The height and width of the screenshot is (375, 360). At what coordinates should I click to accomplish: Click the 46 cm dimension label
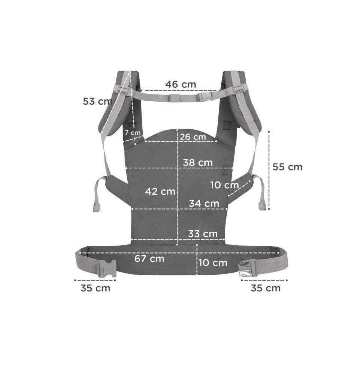tap(181, 84)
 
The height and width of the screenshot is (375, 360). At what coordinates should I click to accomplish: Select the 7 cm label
tap(133, 132)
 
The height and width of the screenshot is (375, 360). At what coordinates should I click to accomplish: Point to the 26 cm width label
tap(193, 137)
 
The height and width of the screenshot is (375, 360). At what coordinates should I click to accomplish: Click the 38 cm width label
tap(198, 163)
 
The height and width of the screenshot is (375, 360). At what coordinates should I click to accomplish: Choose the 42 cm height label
tap(160, 191)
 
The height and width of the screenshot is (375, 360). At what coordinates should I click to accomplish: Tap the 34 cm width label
tap(204, 204)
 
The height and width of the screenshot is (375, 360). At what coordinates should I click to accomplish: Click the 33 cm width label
tap(203, 234)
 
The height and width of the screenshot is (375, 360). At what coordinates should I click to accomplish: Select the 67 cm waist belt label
tap(149, 258)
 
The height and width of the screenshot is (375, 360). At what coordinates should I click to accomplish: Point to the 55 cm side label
tap(287, 167)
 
